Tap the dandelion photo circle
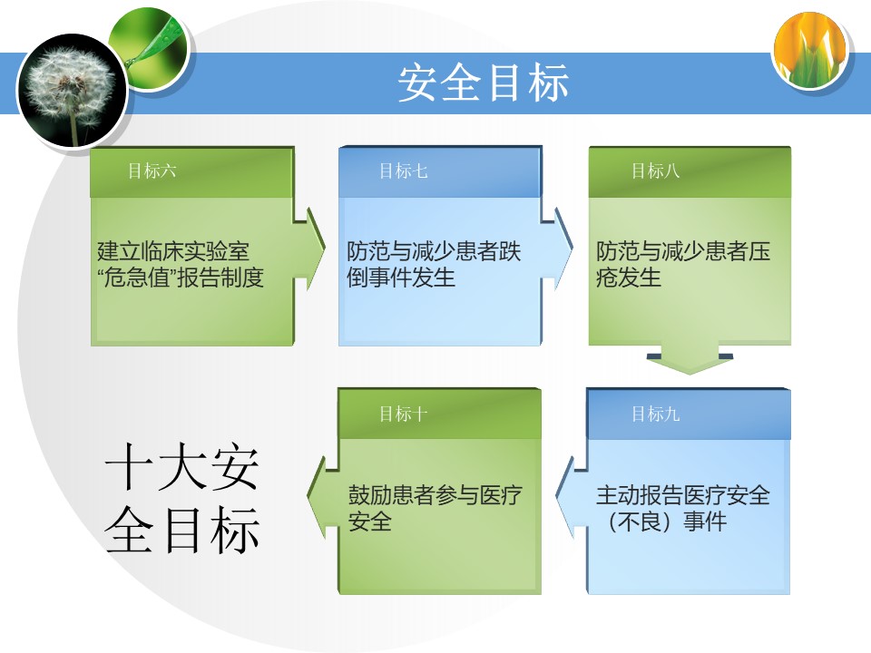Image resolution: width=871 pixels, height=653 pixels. (73, 90)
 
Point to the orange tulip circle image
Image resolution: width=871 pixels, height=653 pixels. (810, 49)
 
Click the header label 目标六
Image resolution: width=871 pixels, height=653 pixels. (152, 171)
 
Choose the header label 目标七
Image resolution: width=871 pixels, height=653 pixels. (403, 171)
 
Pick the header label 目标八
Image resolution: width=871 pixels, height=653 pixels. (655, 171)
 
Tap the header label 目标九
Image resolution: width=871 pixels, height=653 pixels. (655, 414)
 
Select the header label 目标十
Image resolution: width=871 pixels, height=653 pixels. (403, 414)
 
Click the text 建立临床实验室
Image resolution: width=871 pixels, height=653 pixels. (173, 251)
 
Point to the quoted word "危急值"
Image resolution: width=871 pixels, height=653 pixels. (136, 278)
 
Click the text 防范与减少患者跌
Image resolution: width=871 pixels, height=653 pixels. (434, 251)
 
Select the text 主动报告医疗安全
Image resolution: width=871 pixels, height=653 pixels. (682, 495)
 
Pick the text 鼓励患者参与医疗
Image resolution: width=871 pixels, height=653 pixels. (435, 495)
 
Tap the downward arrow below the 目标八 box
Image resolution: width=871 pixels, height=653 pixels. (690, 360)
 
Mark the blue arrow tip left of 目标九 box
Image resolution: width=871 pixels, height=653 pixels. (556, 493)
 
